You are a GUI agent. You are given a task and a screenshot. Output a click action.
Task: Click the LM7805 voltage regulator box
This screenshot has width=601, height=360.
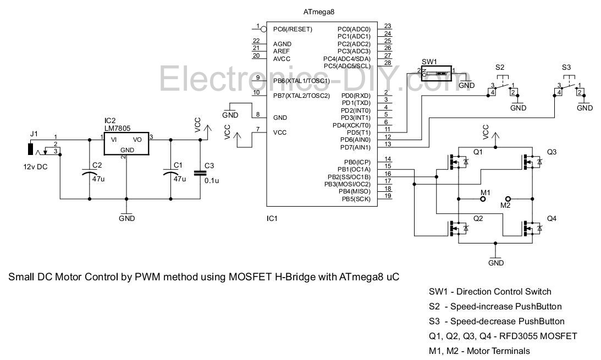126,143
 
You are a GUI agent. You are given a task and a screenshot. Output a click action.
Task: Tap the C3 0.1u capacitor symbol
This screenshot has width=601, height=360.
200,173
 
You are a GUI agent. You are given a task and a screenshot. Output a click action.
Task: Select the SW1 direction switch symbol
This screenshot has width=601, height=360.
436,73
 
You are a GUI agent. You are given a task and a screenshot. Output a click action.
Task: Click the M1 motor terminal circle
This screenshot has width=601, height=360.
483,199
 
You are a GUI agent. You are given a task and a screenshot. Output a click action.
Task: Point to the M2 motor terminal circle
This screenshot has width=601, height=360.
508,199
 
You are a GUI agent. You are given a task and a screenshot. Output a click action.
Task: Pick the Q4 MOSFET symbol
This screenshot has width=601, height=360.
532,228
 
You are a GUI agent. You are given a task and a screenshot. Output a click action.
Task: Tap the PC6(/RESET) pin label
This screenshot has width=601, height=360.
293,29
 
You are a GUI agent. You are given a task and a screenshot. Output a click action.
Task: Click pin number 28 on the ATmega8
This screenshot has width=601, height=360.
388,63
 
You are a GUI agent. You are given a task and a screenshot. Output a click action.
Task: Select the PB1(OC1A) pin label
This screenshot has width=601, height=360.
354,170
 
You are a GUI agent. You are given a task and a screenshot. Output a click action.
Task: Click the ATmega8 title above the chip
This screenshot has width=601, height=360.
318,12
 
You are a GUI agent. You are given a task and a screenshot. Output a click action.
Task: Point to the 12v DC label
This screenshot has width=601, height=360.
35,167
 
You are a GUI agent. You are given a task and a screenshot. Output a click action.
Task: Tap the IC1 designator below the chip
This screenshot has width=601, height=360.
272,219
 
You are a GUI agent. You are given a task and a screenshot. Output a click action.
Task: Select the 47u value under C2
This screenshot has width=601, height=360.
98,179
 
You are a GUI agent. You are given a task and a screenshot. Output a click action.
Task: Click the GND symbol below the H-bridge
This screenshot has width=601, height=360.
495,258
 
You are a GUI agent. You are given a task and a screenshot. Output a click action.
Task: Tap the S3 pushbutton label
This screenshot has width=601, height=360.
566,68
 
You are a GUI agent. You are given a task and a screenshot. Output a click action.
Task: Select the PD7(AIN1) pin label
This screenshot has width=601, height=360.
355,147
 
